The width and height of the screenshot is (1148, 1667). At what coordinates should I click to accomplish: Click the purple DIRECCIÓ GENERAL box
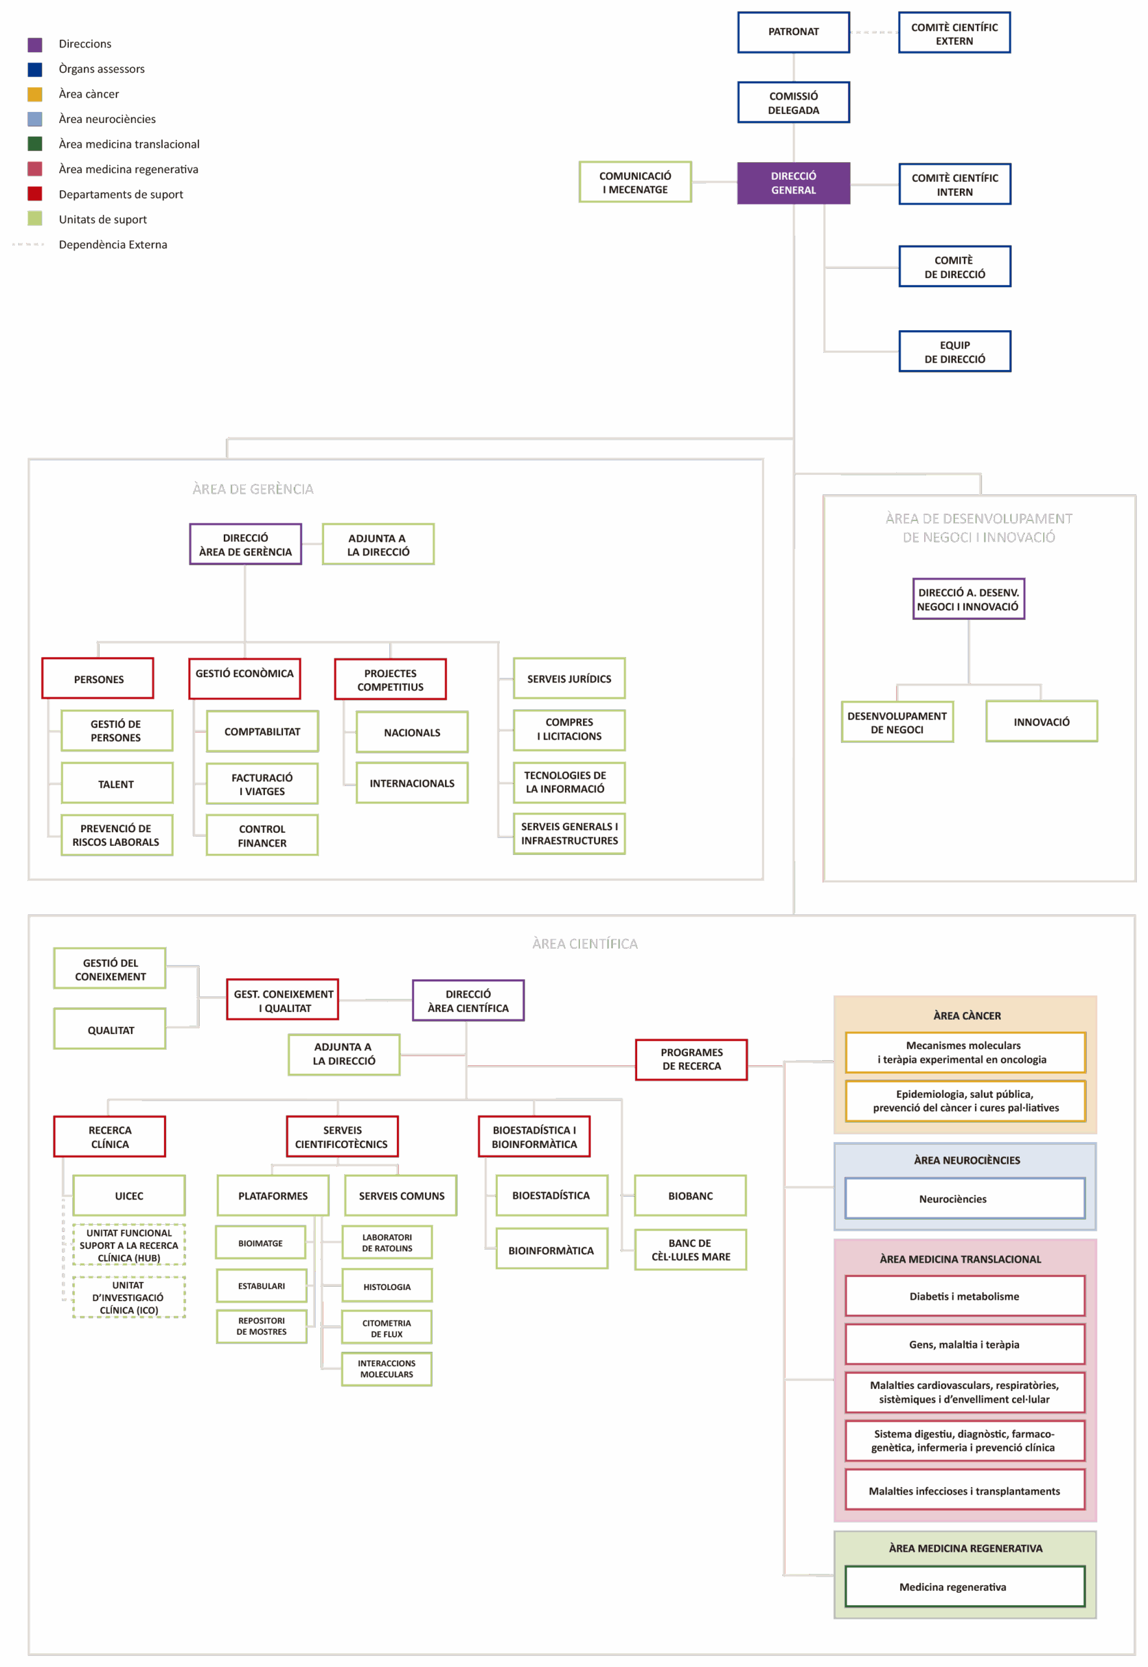793,183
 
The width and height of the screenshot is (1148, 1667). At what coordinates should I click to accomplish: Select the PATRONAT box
793,32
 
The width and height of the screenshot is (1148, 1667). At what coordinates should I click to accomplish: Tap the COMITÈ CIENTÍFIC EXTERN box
955,33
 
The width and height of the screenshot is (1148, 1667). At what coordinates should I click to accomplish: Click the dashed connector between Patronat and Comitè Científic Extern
874,33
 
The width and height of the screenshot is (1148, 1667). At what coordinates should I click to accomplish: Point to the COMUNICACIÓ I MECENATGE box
635,182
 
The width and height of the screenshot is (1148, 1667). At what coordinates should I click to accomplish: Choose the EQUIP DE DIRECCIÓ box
955,351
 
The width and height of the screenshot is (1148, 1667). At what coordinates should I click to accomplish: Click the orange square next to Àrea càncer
34,94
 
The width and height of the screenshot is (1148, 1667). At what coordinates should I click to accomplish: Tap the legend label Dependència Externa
113,245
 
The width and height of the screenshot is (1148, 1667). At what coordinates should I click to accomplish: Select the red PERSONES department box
98,678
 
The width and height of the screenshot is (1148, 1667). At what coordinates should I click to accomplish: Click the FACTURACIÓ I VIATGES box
262,783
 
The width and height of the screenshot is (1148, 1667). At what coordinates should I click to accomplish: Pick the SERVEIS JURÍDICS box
569,678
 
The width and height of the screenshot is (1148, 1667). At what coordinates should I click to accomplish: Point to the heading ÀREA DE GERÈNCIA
253,490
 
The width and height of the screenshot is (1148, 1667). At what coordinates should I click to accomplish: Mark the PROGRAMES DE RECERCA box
691,1059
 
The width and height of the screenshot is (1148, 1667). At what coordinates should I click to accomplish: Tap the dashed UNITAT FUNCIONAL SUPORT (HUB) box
129,1244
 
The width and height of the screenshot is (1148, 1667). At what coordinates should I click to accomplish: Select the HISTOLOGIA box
387,1286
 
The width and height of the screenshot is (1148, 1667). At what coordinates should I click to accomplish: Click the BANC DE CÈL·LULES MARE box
690,1250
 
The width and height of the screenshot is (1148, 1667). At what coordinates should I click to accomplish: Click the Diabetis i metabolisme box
964,1296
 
